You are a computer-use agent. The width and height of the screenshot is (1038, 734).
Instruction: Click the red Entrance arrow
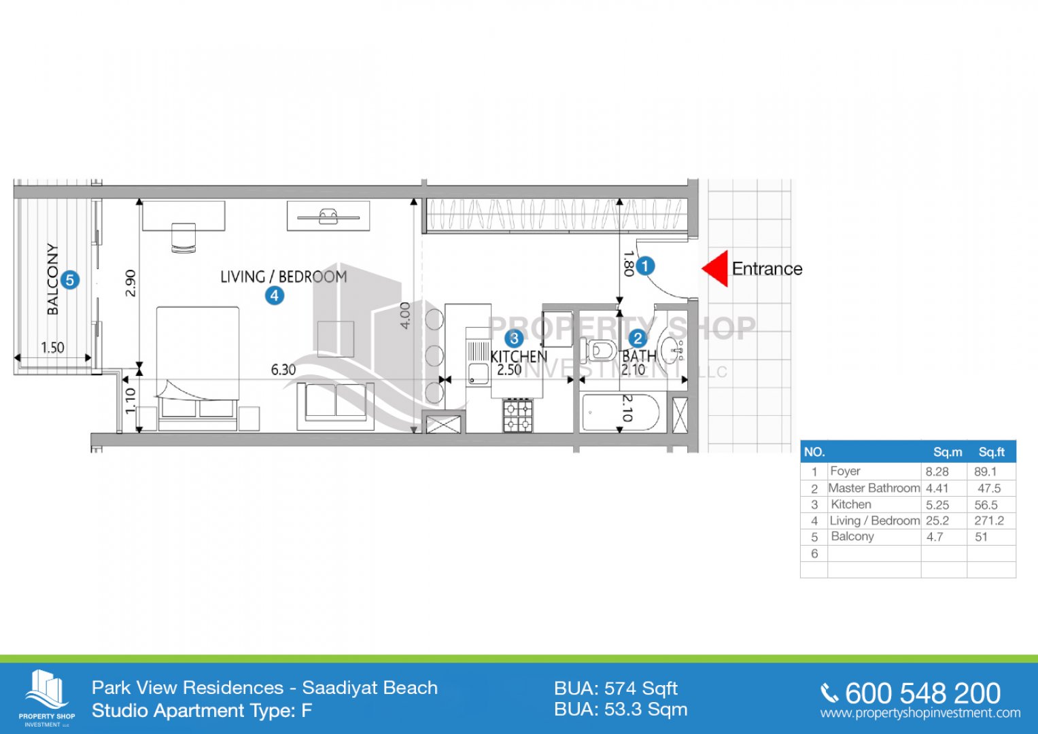pyautogui.click(x=716, y=268)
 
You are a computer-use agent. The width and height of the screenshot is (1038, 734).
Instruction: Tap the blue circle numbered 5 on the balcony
pyautogui.click(x=70, y=280)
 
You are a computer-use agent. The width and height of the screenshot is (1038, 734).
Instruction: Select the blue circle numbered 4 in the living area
pyautogui.click(x=275, y=296)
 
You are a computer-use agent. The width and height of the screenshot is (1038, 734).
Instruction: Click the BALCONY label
pyautogui.click(x=53, y=279)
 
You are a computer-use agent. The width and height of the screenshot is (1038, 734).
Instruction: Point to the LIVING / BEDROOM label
pyautogui.click(x=283, y=277)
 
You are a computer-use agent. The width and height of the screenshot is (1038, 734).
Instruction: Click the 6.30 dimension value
pyautogui.click(x=283, y=370)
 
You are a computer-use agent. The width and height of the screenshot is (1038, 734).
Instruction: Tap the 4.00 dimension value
pyautogui.click(x=405, y=315)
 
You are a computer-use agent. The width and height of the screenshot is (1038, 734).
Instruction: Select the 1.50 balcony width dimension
pyautogui.click(x=52, y=347)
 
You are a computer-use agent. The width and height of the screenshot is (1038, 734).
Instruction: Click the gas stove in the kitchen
pyautogui.click(x=517, y=415)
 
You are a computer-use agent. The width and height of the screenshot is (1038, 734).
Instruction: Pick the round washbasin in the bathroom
pyautogui.click(x=672, y=349)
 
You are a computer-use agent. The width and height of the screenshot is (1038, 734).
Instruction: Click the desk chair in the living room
pyautogui.click(x=184, y=238)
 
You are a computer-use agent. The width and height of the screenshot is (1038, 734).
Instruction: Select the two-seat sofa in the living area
pyautogui.click(x=336, y=406)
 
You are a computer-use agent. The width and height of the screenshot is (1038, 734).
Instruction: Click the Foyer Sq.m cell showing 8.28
pyautogui.click(x=937, y=472)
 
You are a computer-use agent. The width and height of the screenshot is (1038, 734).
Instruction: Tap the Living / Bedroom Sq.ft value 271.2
pyautogui.click(x=989, y=521)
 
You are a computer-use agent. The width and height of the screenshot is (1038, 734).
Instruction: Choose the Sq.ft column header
pyautogui.click(x=991, y=452)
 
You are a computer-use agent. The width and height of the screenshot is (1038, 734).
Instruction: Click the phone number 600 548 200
pyautogui.click(x=922, y=694)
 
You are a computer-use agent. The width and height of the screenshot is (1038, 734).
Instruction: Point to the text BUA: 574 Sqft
pyautogui.click(x=616, y=688)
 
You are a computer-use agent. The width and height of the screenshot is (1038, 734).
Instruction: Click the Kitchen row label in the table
pyautogui.click(x=851, y=504)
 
